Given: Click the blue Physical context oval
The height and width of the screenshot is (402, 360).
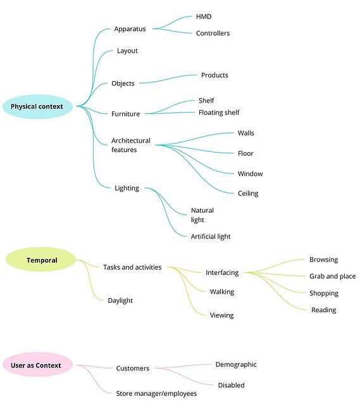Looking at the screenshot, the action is pyautogui.click(x=38, y=106).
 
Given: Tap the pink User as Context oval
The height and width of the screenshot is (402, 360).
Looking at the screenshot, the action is pyautogui.click(x=37, y=365).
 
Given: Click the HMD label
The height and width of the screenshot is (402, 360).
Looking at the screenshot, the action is pyautogui.click(x=204, y=16).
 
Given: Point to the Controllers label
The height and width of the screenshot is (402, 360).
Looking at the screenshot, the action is pyautogui.click(x=213, y=34).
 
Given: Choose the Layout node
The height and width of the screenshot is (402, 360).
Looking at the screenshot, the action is pyautogui.click(x=127, y=51).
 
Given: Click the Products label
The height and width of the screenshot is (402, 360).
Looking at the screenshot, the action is pyautogui.click(x=214, y=75).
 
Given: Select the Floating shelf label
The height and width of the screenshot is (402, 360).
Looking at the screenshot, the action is pyautogui.click(x=219, y=113).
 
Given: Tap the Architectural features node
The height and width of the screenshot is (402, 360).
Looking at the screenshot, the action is pyautogui.click(x=131, y=145).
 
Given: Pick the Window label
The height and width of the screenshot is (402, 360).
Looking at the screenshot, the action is pyautogui.click(x=250, y=173).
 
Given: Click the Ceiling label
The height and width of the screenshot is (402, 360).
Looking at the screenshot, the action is pyautogui.click(x=248, y=193).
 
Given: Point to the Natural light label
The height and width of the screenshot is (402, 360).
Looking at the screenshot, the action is pyautogui.click(x=202, y=215).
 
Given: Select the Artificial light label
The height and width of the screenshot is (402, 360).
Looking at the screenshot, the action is pyautogui.click(x=211, y=236).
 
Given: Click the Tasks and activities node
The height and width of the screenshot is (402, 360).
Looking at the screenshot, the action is pyautogui.click(x=132, y=267).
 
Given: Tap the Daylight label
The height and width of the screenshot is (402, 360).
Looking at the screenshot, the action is pyautogui.click(x=120, y=301).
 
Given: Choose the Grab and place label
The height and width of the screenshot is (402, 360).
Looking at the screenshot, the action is pyautogui.click(x=332, y=276).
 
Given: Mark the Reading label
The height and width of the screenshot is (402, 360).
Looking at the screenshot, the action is pyautogui.click(x=323, y=310).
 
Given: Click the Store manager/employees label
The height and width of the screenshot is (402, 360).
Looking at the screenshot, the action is pyautogui.click(x=156, y=394).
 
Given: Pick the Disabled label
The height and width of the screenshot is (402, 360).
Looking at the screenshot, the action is pyautogui.click(x=231, y=385).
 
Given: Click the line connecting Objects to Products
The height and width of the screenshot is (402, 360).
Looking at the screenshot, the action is pyautogui.click(x=168, y=79).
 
